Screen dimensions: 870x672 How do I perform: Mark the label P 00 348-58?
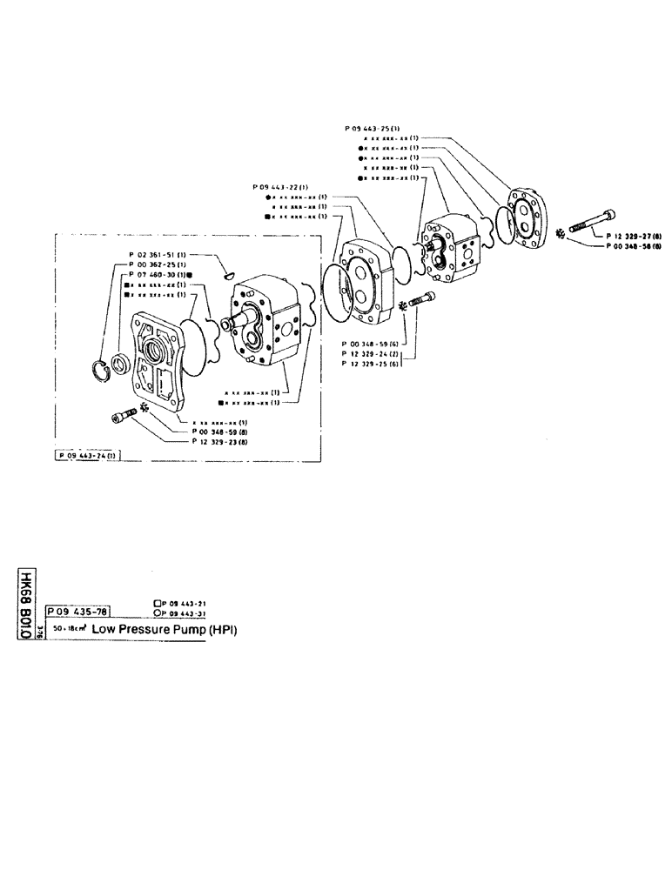click(x=634, y=247)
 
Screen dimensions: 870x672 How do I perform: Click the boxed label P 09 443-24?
click(x=87, y=455)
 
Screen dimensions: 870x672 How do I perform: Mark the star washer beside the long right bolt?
click(x=561, y=233)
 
